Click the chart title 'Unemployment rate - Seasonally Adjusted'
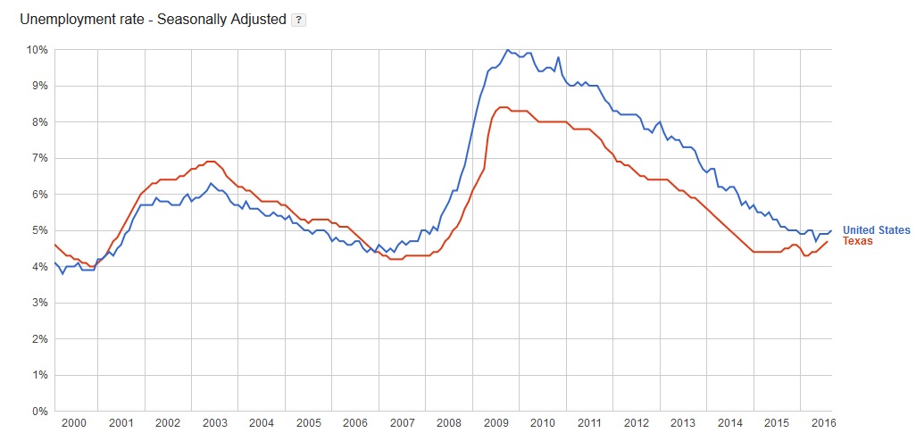[152, 18]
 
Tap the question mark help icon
[299, 19]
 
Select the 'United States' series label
[876, 230]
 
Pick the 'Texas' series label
[857, 241]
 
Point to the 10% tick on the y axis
[37, 49]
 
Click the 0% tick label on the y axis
[40, 412]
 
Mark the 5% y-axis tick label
[40, 230]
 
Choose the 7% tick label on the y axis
[40, 158]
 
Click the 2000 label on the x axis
[74, 422]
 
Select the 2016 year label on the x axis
[822, 422]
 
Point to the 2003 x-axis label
[214, 422]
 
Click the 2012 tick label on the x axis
[636, 422]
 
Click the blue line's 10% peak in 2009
[507, 50]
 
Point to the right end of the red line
[828, 241]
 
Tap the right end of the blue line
[831, 230]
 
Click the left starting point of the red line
[54, 244]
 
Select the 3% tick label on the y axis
[40, 303]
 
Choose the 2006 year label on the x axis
[354, 422]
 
